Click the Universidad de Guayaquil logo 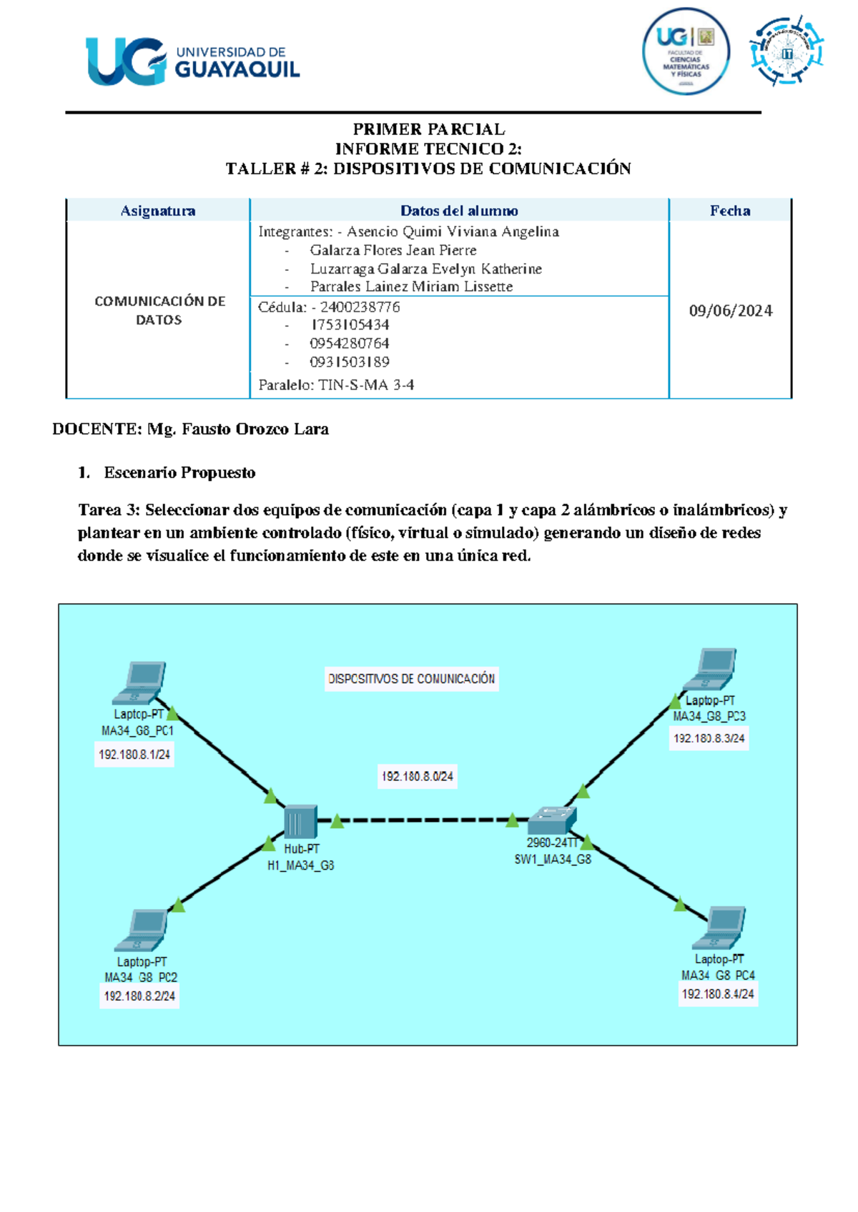tap(192, 61)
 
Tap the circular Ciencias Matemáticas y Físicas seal tap(685, 51)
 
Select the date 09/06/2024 tap(730, 311)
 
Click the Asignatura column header tap(158, 211)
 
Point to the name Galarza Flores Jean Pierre tap(393, 250)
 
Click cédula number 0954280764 tap(349, 343)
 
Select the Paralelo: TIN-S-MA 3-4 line tap(336, 384)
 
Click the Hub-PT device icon tap(300, 822)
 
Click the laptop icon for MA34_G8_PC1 tap(140, 682)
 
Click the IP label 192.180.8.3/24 tap(709, 738)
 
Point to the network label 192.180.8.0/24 tap(417, 776)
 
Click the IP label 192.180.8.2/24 tap(139, 995)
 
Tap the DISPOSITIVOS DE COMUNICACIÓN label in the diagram tap(411, 679)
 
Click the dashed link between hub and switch tap(425, 820)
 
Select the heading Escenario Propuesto tap(179, 472)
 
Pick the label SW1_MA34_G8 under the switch tap(553, 859)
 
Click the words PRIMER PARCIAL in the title tap(428, 129)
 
